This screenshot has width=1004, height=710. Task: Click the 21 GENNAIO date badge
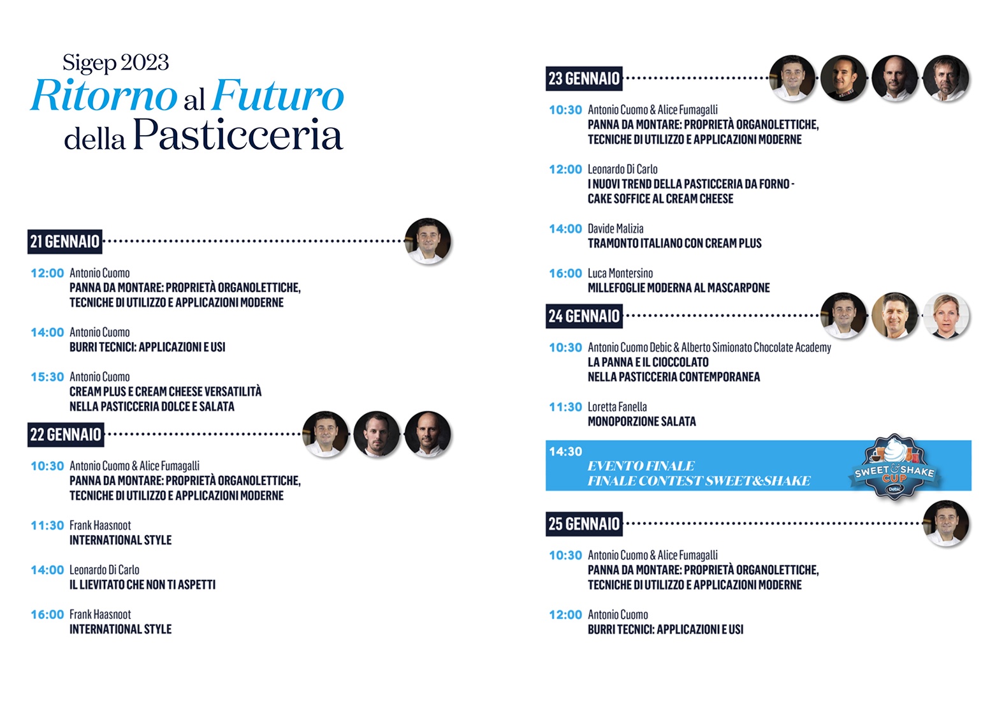pos(65,242)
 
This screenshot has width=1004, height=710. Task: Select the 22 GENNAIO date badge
pos(66,434)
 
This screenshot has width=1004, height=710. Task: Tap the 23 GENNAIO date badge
pos(584,78)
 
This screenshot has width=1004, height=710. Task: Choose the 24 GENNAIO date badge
pos(584,316)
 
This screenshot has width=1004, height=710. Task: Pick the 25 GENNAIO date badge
pos(584,524)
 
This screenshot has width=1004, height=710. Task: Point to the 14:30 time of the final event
pos(565,452)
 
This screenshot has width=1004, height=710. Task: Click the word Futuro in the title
pos(278,96)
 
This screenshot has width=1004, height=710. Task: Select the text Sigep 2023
pos(115,63)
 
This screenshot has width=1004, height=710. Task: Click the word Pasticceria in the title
pos(238,134)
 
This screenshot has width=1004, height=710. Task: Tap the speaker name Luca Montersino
pos(620,273)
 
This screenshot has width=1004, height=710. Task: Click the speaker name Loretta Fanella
pos(618,407)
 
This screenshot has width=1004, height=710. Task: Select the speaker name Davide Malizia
pos(616,229)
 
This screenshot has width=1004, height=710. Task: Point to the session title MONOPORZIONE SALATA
pos(642,422)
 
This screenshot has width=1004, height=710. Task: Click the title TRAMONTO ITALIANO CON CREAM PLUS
pos(674,244)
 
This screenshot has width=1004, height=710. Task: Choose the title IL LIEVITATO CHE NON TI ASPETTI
pos(143,585)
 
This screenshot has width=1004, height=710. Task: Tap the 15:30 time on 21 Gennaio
pos(48,377)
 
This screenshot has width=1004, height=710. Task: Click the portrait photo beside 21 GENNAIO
pos(428,241)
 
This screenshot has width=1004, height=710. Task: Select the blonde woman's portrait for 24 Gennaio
pos(946,316)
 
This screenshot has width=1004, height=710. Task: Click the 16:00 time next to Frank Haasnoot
pos(48,615)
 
